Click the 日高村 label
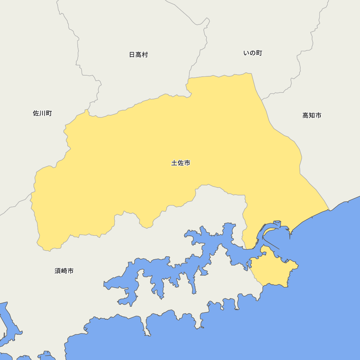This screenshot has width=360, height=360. (139, 55)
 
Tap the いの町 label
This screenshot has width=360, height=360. (253, 53)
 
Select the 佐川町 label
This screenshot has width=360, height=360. (42, 113)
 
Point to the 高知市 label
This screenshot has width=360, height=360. (312, 116)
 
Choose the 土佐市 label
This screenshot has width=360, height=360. (181, 163)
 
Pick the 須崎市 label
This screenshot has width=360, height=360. (64, 271)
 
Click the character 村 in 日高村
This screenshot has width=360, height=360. (145, 55)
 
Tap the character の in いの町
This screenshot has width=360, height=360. (253, 53)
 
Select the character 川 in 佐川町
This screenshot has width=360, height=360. (42, 113)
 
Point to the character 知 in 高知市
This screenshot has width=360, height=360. (312, 116)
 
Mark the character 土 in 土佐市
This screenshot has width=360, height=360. (174, 163)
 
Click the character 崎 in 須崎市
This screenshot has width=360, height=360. (64, 271)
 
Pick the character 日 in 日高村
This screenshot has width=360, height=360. (132, 55)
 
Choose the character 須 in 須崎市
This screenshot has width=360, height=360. (58, 271)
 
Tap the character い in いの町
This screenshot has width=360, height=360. (247, 53)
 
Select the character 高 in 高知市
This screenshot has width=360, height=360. (306, 116)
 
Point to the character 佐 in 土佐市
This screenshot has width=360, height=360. (181, 163)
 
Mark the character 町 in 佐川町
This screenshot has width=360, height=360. (49, 113)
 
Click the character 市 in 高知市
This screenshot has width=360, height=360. (318, 116)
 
